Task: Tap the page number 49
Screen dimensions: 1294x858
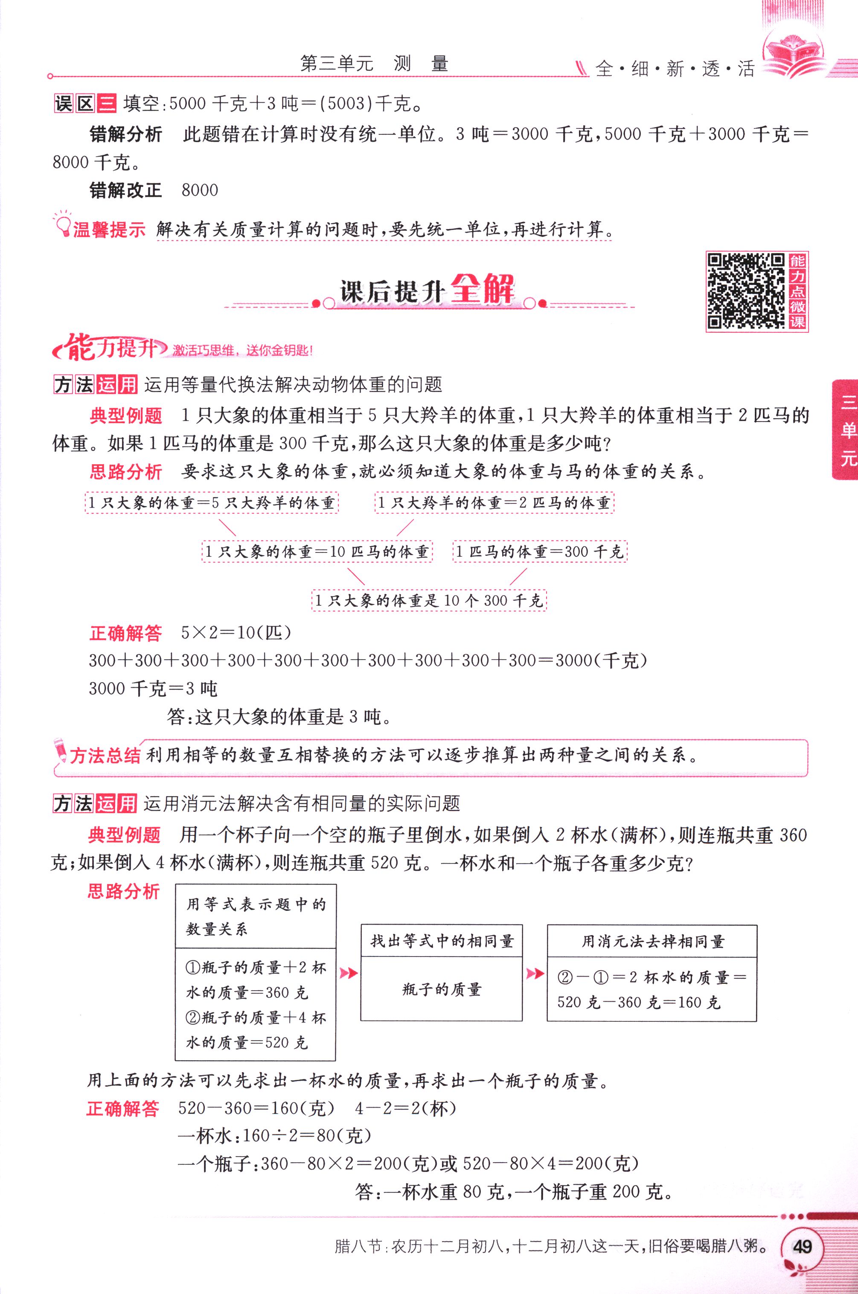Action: click(802, 1247)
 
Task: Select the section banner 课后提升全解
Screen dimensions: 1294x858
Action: click(427, 290)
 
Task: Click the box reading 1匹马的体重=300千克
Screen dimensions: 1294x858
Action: click(540, 552)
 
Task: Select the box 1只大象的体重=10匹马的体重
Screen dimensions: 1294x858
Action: click(317, 552)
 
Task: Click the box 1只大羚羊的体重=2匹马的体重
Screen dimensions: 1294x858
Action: click(494, 503)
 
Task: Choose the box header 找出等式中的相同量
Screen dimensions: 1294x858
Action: click(442, 941)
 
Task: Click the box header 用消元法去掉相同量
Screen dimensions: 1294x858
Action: click(651, 942)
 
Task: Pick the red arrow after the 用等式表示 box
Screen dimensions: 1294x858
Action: click(349, 973)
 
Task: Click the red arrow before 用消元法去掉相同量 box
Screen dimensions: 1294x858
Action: click(535, 973)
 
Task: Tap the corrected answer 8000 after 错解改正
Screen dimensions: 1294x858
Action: click(200, 190)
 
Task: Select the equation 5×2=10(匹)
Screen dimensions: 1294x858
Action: click(236, 633)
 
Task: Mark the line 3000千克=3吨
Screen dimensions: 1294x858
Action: click(153, 688)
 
